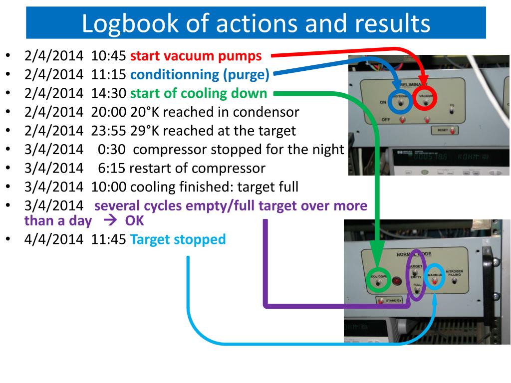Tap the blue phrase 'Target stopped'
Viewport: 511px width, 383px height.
[x=178, y=239]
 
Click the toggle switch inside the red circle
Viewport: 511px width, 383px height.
[x=426, y=102]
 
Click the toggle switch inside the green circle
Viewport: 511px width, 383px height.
[x=378, y=283]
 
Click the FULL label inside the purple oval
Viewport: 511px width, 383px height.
[x=417, y=285]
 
